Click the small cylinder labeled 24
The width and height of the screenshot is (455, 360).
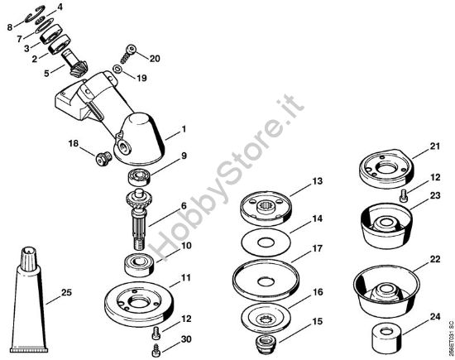click(x=385, y=337)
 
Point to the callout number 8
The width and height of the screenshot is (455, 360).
click(x=11, y=27)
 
